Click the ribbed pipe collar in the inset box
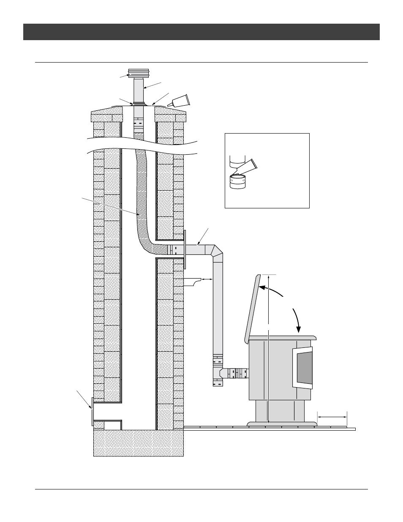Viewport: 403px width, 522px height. point(238,181)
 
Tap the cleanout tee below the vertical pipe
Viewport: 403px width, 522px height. point(218,374)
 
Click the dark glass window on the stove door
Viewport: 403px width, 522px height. point(304,368)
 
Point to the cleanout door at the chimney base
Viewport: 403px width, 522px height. point(92,411)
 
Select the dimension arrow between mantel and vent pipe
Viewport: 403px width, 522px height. point(207,279)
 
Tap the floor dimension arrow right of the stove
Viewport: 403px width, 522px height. point(332,417)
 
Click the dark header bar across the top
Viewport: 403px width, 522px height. point(201,32)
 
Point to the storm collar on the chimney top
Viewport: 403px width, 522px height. point(139,103)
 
